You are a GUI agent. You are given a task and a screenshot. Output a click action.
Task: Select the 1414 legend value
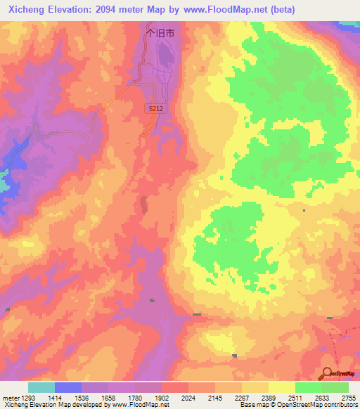click(54, 398)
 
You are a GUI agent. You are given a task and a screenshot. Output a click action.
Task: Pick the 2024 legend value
click(188, 398)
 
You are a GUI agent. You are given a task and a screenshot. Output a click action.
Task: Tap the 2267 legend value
click(241, 398)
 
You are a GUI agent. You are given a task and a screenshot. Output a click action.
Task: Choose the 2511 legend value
click(295, 398)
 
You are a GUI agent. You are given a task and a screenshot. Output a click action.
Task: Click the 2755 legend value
click(348, 398)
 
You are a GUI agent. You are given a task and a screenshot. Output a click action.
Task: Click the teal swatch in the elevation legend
click(41, 387)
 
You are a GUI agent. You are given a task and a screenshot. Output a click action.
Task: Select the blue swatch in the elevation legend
click(67, 387)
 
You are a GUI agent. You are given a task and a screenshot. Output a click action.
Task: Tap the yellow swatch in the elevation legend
click(281, 387)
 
